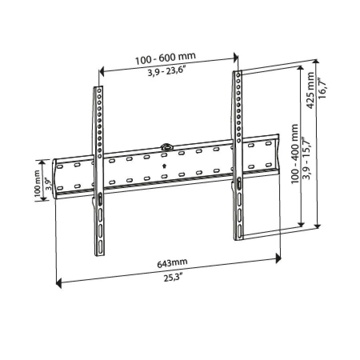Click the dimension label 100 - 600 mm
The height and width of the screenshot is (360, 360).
[165, 58]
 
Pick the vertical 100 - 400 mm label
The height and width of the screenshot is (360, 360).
[295, 154]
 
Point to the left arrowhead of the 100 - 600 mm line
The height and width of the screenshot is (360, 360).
[101, 72]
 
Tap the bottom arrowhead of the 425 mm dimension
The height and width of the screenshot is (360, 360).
[317, 226]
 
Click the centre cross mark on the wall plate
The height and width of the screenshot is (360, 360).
[164, 166]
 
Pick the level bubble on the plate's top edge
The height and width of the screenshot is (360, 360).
[166, 146]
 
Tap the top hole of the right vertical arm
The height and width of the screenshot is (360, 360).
[238, 75]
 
